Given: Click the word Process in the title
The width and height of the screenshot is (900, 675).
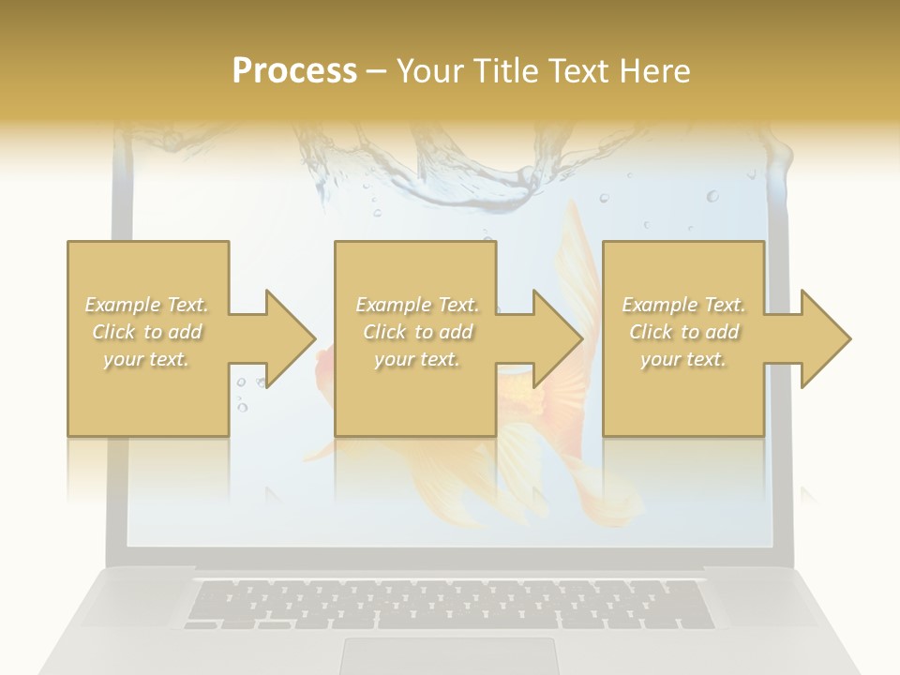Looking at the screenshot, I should pyautogui.click(x=294, y=71).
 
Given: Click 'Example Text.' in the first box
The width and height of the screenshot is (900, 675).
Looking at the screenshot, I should pyautogui.click(x=147, y=305).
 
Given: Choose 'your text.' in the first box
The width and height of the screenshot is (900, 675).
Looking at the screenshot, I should pyautogui.click(x=147, y=359).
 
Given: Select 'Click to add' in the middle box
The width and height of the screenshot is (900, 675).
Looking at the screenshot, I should pyautogui.click(x=417, y=332).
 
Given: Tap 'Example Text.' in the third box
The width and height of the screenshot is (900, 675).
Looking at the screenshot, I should pyautogui.click(x=683, y=305).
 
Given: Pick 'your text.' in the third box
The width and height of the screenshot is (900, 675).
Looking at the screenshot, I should pyautogui.click(x=683, y=359).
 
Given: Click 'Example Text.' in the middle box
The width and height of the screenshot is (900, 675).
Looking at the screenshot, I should pyautogui.click(x=417, y=305).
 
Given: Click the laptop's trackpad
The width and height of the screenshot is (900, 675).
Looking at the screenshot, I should pyautogui.click(x=447, y=655).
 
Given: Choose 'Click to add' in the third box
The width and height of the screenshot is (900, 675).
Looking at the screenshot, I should pyautogui.click(x=683, y=332).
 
